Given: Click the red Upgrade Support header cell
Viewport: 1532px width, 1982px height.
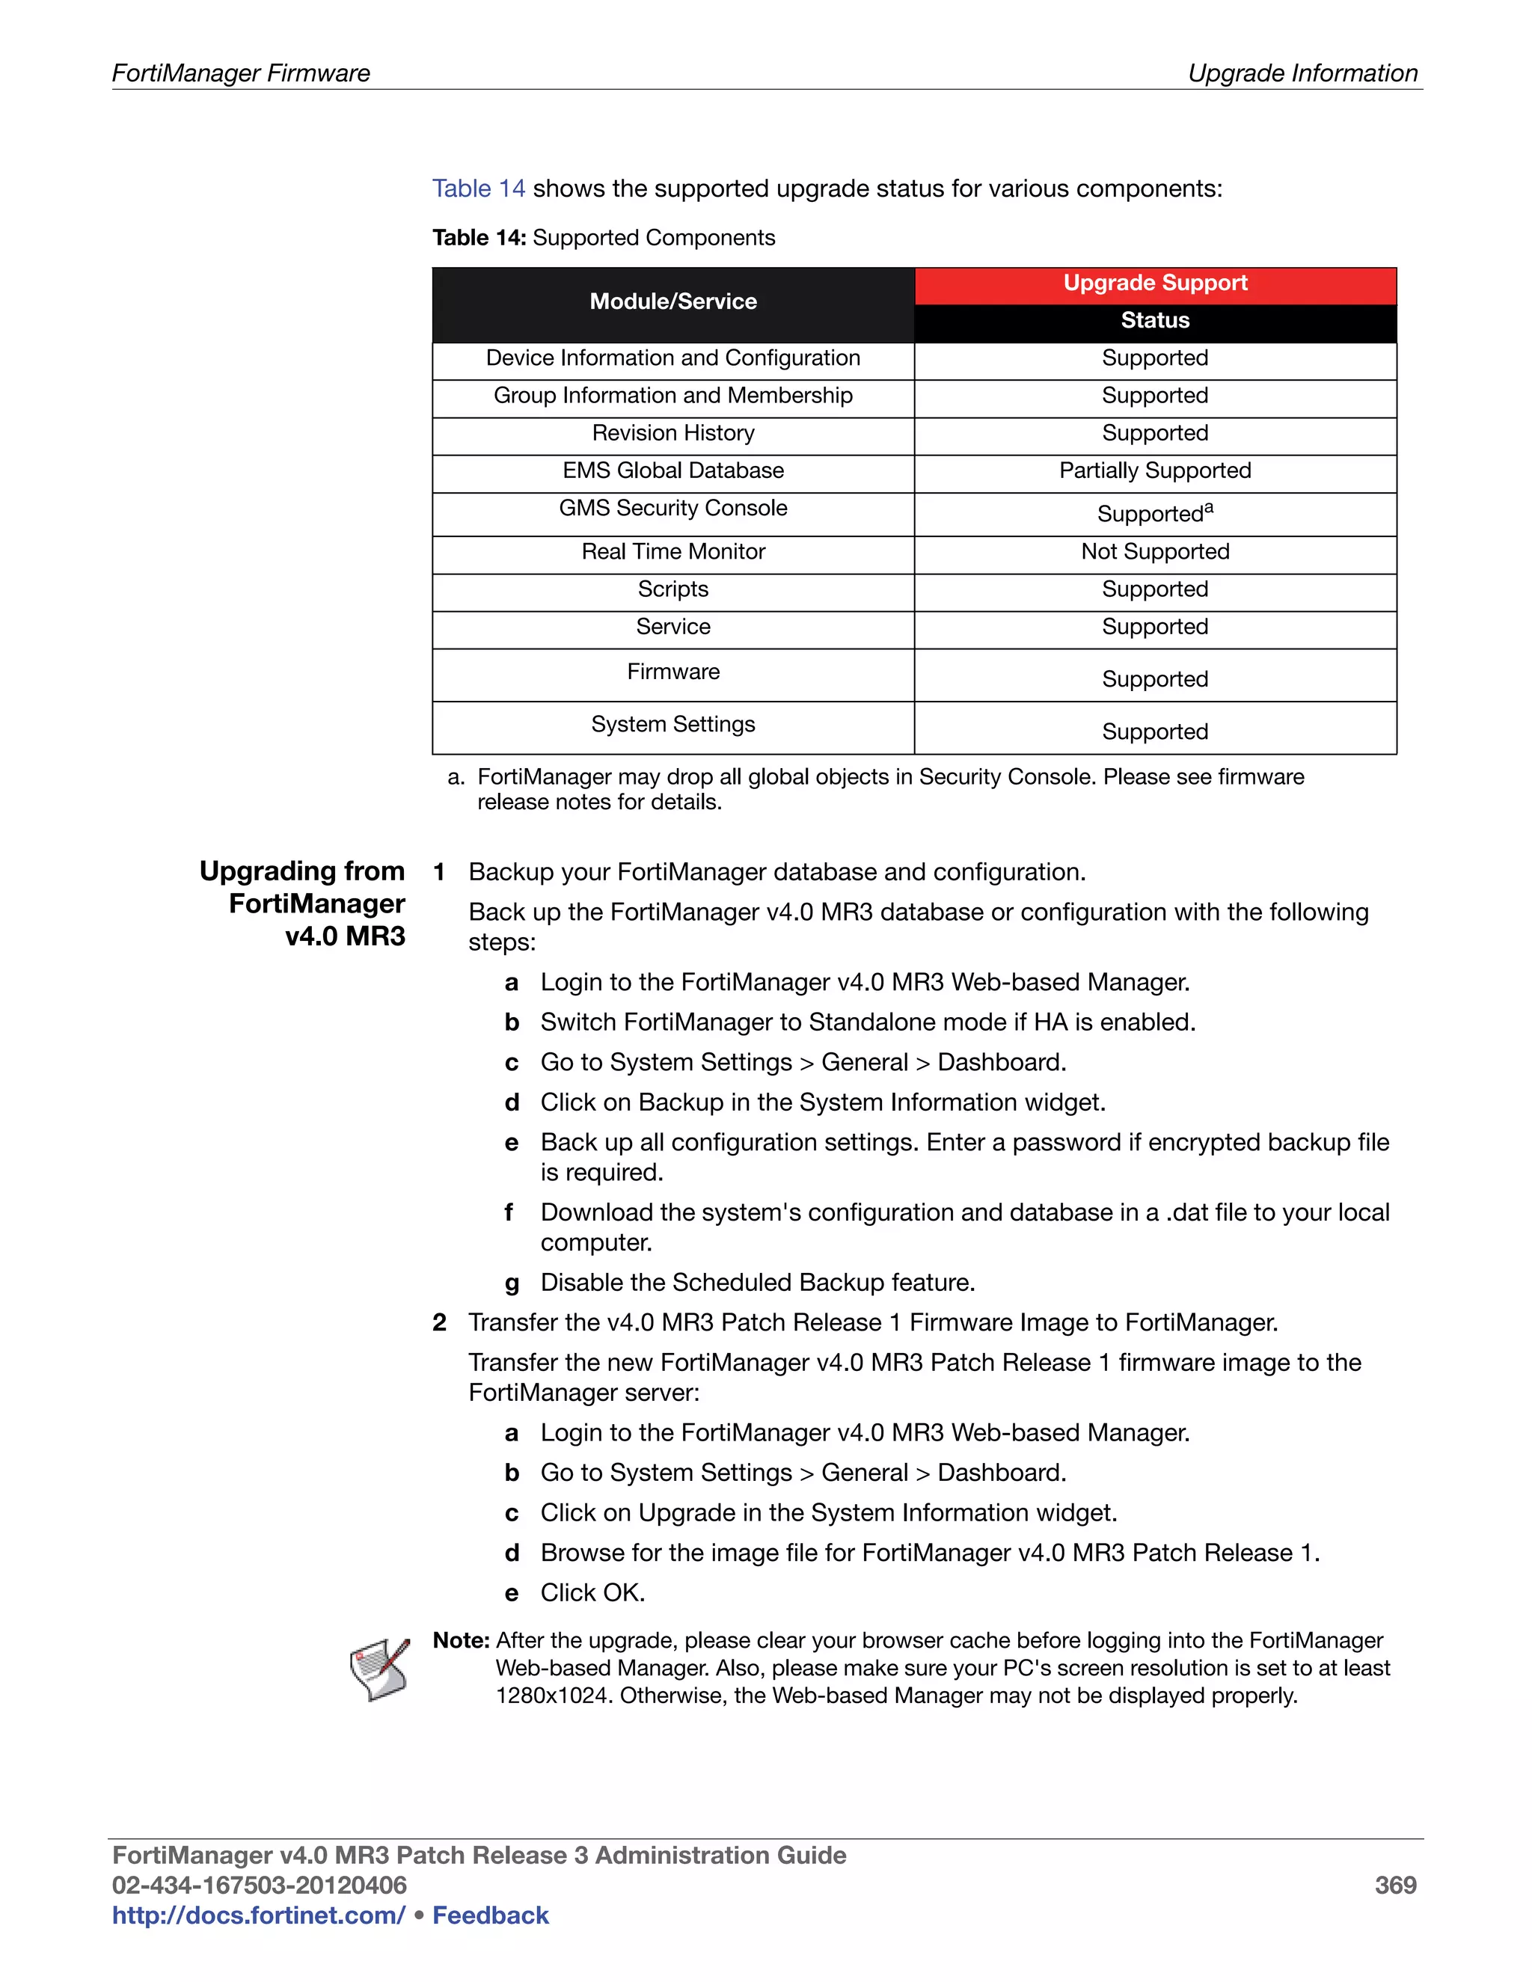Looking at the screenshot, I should [1154, 283].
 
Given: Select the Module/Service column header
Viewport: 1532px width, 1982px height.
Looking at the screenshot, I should [672, 301].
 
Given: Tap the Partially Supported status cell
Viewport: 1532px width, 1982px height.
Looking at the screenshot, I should [1154, 470].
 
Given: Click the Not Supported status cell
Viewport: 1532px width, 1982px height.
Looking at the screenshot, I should [1154, 552].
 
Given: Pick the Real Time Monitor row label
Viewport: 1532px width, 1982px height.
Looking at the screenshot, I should [672, 552].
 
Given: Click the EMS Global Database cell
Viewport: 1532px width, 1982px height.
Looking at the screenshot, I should [672, 470].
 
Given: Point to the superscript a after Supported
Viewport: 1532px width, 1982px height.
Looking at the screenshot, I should [1209, 508].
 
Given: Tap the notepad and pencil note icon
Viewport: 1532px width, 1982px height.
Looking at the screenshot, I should [380, 1668].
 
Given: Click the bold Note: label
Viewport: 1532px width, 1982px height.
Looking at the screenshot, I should [461, 1641].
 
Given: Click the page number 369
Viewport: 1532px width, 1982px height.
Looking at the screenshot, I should [1395, 1886].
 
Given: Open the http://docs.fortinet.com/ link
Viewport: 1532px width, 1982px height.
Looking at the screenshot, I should [259, 1915].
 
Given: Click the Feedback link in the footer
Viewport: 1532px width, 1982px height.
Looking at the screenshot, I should [490, 1915].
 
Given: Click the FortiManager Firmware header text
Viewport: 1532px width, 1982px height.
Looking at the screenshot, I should [241, 73].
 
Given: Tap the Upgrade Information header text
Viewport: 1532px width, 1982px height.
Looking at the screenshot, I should [1302, 73].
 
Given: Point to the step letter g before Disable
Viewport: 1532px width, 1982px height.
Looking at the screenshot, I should [512, 1284].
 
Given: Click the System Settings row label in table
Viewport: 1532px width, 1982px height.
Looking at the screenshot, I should [672, 724].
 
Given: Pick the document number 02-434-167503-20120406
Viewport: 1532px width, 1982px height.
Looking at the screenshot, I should [259, 1886].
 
